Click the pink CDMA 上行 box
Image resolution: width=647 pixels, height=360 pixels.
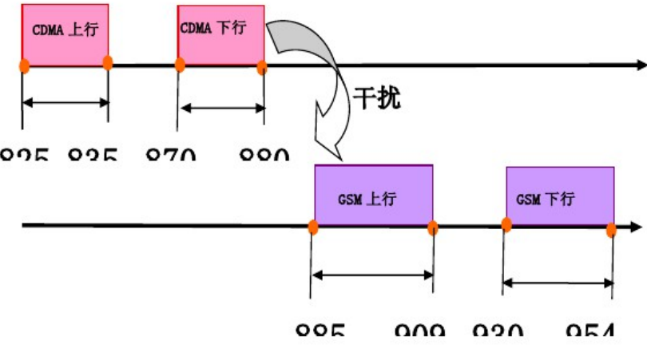click(65, 34)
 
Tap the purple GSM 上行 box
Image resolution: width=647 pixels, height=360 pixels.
click(373, 196)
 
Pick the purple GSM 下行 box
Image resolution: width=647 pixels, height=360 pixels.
click(559, 196)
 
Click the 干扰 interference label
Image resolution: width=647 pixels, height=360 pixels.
click(376, 99)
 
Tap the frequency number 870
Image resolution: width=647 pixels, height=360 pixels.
click(172, 155)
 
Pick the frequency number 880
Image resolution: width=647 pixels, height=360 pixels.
click(264, 155)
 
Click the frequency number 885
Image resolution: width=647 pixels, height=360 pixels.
click(319, 328)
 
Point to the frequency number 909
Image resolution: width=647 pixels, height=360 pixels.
click(420, 328)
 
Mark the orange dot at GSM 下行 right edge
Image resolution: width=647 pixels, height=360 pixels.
click(612, 230)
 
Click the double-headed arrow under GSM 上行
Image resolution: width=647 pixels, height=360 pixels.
click(372, 275)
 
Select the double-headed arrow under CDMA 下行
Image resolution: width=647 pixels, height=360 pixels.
click(222, 108)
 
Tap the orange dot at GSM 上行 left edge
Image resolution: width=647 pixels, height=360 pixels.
click(314, 228)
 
